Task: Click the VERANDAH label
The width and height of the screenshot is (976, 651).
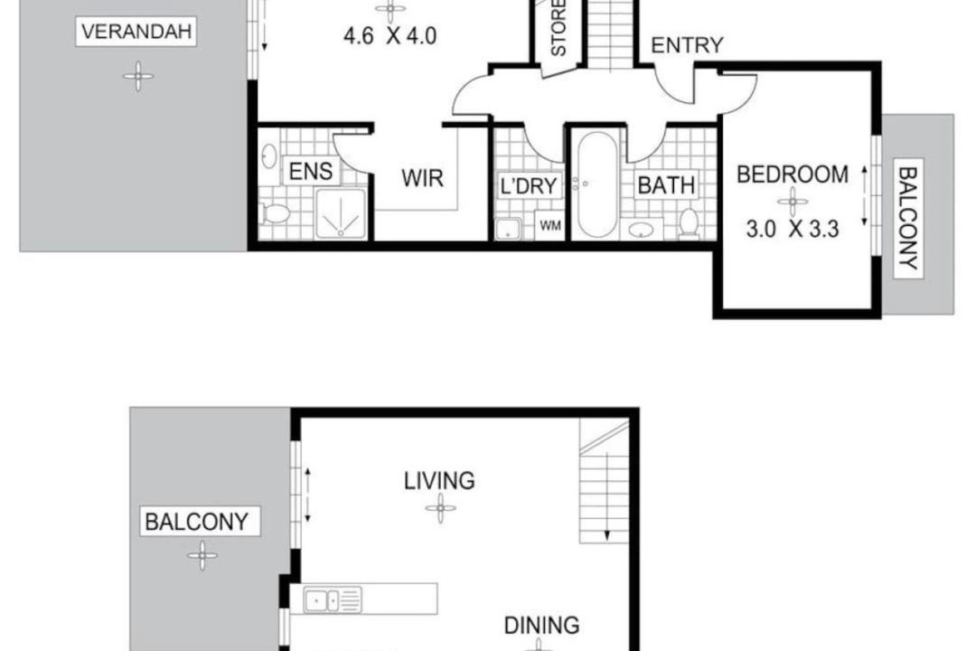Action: pyautogui.click(x=136, y=32)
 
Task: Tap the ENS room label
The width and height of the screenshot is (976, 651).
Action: pyautogui.click(x=311, y=171)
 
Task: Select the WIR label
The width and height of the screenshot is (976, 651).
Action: pyautogui.click(x=423, y=178)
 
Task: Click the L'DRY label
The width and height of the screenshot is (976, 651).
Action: pyautogui.click(x=529, y=185)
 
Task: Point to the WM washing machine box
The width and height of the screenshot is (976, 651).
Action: pyautogui.click(x=549, y=225)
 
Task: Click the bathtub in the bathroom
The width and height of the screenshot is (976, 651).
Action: pyautogui.click(x=597, y=184)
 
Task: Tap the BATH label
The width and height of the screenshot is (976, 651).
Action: pyautogui.click(x=666, y=185)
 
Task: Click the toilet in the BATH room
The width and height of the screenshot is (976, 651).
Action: pyautogui.click(x=689, y=223)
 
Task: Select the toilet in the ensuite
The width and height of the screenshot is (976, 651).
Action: pyautogui.click(x=275, y=214)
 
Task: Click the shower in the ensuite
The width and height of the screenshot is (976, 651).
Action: pyautogui.click(x=341, y=213)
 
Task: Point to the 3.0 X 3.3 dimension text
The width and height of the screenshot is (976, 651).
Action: pyautogui.click(x=793, y=230)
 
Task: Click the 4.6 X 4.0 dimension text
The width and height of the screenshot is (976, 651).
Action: pyautogui.click(x=389, y=36)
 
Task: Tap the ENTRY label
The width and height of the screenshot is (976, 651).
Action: pyautogui.click(x=687, y=45)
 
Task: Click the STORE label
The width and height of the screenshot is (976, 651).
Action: pyautogui.click(x=558, y=28)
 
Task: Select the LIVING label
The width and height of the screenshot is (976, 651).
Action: pyautogui.click(x=439, y=481)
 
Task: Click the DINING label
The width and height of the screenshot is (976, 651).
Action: pyautogui.click(x=541, y=626)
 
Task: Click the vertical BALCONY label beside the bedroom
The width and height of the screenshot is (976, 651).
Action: pyautogui.click(x=909, y=218)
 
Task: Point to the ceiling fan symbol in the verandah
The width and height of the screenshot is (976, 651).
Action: pyautogui.click(x=138, y=77)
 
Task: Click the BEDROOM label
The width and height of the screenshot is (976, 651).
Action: pyautogui.click(x=793, y=175)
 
